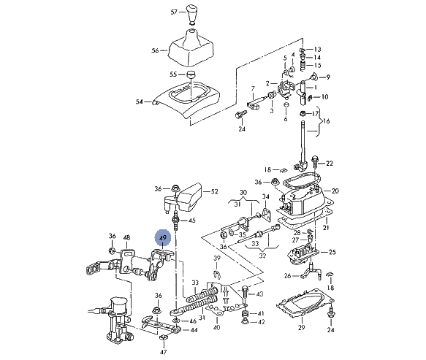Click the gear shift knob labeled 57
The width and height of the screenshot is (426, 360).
click(191, 15)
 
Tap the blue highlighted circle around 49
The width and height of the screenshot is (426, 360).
click(163, 238)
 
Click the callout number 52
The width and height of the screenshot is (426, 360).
click(214, 191)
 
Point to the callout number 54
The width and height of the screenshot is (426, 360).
click(139, 102)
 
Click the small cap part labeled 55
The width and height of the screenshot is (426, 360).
click(191, 74)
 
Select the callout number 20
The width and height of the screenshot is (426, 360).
click(335, 191)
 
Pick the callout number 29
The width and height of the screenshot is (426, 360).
click(301, 327)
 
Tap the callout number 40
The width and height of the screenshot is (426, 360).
click(216, 327)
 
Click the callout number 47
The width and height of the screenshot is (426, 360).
click(163, 352)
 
